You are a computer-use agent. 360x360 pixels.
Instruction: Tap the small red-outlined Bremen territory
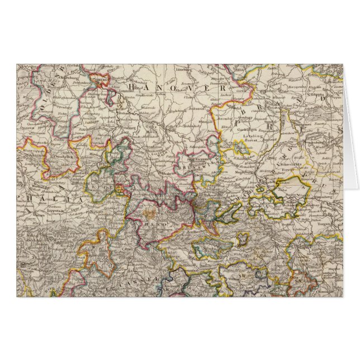pyautogui.click(x=101, y=80)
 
